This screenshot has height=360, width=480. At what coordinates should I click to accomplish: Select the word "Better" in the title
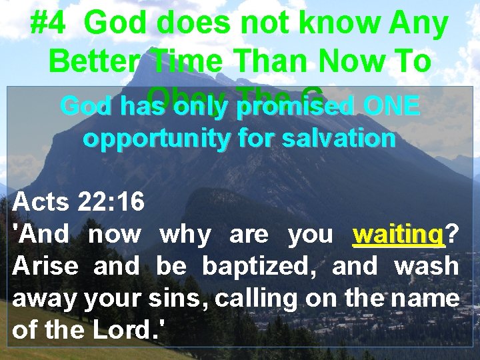coord(93,62)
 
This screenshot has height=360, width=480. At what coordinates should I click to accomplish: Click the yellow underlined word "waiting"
coord(399,234)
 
